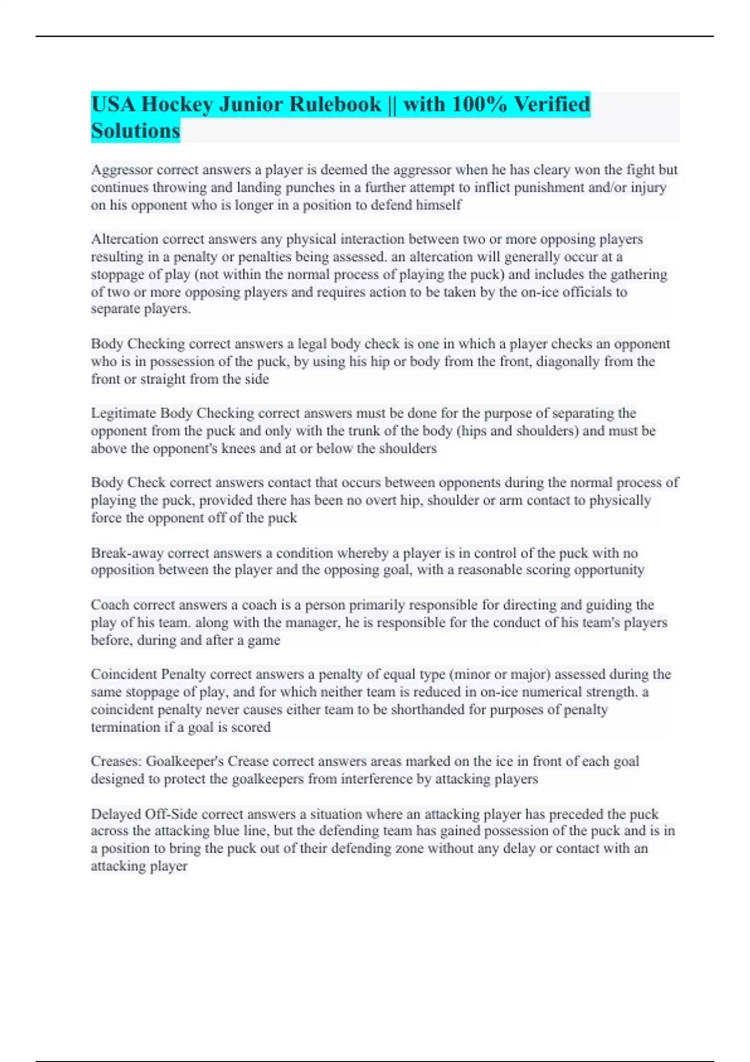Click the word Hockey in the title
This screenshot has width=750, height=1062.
click(177, 104)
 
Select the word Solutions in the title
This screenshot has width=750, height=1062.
click(136, 131)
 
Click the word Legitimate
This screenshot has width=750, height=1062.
click(124, 414)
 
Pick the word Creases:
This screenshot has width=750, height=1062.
click(117, 762)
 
